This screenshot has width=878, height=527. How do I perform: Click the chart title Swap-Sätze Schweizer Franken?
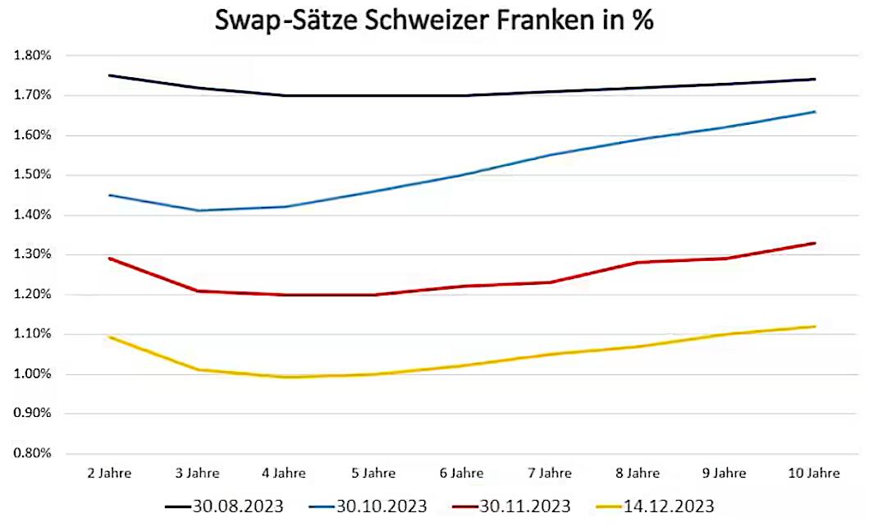tap(434, 21)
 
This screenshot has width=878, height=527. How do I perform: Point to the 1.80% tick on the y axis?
tap(33, 56)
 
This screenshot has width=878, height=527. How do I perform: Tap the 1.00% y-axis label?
tap(33, 374)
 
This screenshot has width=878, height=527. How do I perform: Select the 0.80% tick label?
tap(33, 454)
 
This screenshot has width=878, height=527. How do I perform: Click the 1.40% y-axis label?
tap(33, 215)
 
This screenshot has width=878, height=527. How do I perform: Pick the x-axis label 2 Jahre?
tap(108, 473)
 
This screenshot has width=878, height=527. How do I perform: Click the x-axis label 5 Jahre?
tap(373, 473)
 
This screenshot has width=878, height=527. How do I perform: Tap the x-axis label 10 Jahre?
tap(812, 473)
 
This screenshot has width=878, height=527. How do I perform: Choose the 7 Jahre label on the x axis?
tap(549, 473)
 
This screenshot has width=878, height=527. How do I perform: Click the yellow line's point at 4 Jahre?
tap(285, 378)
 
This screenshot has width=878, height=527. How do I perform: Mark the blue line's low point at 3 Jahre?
tap(197, 211)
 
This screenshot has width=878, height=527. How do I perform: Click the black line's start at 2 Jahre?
tap(109, 76)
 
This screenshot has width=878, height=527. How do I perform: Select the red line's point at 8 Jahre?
tap(638, 263)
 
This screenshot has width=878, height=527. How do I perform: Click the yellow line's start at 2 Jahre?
tap(109, 337)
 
